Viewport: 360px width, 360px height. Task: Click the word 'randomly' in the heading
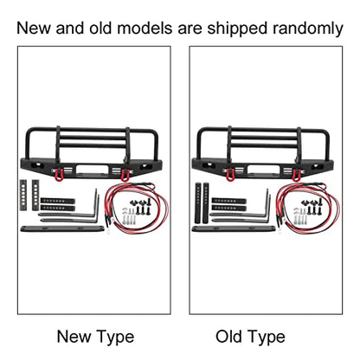point(307,29)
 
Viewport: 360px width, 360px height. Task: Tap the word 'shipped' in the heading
point(237,29)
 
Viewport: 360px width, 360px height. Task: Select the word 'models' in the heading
point(145,29)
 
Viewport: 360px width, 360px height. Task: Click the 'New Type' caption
point(95,337)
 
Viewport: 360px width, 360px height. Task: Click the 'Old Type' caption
point(250,337)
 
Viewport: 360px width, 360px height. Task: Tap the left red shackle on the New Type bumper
point(60,174)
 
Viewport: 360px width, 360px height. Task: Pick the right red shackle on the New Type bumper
point(125,175)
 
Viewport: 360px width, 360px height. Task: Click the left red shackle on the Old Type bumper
point(231,175)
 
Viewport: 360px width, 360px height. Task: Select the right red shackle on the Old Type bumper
point(296,176)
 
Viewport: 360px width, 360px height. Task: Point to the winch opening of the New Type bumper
point(93,169)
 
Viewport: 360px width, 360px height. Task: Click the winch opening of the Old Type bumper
point(264,169)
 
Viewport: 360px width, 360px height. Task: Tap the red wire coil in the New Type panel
point(136,207)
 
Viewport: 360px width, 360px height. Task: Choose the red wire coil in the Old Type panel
point(307,207)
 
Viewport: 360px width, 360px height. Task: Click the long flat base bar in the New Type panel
point(61,228)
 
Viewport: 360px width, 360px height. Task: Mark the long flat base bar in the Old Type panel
point(233,228)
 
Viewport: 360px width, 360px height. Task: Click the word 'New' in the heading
point(34,29)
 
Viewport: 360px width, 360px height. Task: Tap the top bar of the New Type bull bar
point(93,130)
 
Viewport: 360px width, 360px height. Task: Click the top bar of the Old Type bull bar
point(264,130)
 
